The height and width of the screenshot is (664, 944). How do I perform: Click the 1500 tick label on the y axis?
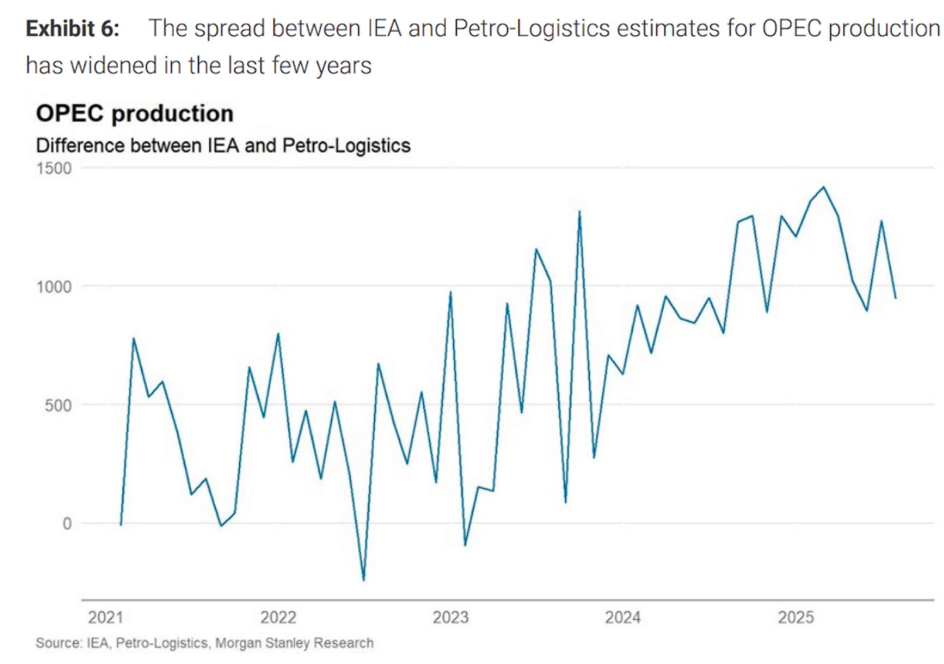tap(54, 168)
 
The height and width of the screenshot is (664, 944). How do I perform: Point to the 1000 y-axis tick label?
tap(54, 287)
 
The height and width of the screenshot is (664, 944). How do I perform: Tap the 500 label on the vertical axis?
tap(58, 405)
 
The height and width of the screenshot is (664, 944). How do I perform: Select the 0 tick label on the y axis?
tap(67, 524)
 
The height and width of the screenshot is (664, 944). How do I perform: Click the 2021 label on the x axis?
tap(106, 617)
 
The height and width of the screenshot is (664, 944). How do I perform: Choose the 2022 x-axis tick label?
tap(278, 617)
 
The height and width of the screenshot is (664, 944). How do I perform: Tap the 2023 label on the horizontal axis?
tap(450, 617)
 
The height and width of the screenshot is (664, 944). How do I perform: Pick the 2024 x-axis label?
tap(623, 617)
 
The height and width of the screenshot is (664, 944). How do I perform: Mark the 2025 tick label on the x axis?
tap(796, 617)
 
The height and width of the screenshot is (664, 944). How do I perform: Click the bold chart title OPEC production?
tap(135, 113)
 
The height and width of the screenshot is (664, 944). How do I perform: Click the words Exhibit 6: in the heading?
tap(72, 29)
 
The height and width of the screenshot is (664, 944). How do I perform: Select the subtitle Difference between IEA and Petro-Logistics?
tap(223, 146)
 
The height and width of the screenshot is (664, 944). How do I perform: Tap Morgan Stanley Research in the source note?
tap(294, 643)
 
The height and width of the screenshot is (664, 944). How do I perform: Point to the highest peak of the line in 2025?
tap(824, 187)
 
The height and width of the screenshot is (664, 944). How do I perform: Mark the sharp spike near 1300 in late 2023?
tap(579, 212)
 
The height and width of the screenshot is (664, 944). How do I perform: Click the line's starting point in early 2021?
tap(121, 525)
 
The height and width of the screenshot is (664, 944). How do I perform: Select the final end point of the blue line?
tap(896, 298)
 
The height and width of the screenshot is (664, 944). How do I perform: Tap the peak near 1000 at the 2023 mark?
tap(450, 292)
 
